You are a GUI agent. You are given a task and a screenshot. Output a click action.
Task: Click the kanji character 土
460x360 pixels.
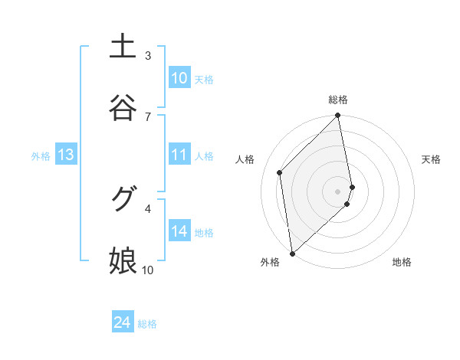click(123, 47)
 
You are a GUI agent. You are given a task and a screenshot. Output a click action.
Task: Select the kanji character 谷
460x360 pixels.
click(123, 108)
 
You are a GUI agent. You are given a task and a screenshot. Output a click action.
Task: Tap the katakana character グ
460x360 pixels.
click(123, 200)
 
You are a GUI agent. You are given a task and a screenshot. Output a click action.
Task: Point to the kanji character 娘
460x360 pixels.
click(123, 261)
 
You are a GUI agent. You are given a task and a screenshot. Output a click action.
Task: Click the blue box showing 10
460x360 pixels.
click(179, 78)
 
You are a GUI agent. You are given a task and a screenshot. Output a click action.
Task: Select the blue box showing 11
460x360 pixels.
click(179, 155)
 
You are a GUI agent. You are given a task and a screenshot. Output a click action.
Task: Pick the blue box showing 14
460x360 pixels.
click(179, 231)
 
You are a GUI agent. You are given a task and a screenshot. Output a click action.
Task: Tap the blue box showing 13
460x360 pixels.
click(66, 155)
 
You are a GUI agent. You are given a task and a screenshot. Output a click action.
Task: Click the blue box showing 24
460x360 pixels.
click(123, 322)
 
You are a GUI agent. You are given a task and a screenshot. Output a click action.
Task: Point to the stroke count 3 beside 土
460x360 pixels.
click(148, 55)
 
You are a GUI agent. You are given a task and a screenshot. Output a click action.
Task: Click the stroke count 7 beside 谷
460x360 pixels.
click(148, 116)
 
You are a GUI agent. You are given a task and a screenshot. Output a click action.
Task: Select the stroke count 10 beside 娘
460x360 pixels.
click(148, 270)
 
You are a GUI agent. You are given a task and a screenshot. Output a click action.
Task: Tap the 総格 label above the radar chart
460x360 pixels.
click(338, 100)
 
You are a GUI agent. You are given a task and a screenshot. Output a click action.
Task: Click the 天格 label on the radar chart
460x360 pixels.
click(431, 159)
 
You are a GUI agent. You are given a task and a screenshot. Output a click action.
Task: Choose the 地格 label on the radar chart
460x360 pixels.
click(402, 262)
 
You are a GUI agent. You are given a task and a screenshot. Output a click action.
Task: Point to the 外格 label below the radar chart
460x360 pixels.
click(269, 262)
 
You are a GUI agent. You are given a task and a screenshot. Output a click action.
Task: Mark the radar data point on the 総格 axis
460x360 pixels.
click(338, 116)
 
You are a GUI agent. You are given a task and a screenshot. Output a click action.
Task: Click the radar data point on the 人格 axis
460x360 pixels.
click(280, 172)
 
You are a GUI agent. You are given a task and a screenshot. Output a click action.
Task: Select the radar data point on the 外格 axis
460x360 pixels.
click(292, 253)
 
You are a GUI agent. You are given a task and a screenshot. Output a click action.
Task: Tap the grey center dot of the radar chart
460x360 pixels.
click(338, 191)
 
